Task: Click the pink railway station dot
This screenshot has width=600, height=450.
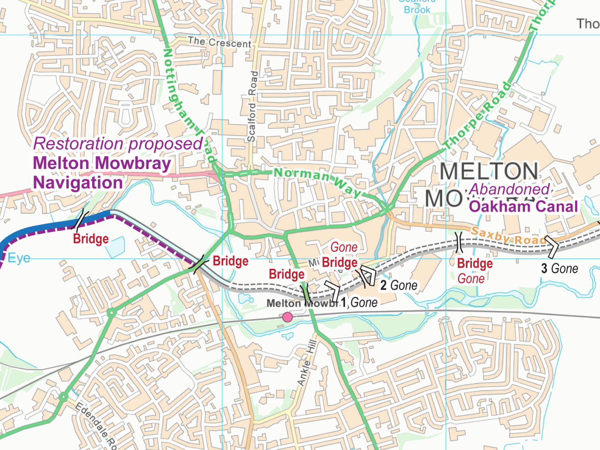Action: (x=287, y=317)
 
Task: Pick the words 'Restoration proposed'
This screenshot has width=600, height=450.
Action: (x=118, y=144)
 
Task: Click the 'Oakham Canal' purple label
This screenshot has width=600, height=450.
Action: (x=523, y=207)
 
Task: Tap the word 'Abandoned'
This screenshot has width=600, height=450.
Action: (x=509, y=189)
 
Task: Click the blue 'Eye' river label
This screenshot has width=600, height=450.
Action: (x=19, y=258)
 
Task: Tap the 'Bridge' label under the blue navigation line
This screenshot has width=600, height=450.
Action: (x=91, y=239)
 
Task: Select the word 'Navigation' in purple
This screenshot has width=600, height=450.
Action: (x=78, y=183)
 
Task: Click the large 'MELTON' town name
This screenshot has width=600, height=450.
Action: (x=489, y=171)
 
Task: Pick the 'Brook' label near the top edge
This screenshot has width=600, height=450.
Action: (x=417, y=10)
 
